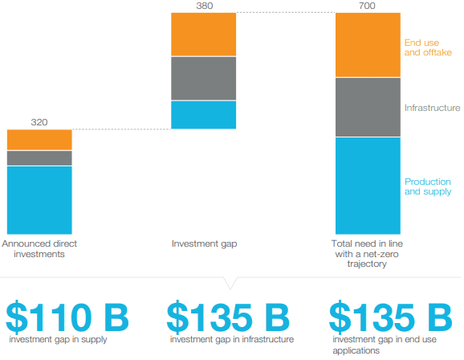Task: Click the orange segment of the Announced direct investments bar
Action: point(39,140)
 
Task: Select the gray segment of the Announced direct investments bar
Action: point(39,158)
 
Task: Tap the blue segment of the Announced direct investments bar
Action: point(39,199)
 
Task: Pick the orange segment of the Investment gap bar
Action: point(203,35)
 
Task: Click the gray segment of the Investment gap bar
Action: point(203,78)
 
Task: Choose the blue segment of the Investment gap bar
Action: point(203,114)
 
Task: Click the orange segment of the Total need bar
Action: point(368,45)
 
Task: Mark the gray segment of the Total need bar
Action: point(368,107)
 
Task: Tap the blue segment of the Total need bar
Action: point(368,186)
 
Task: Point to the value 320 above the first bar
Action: point(39,122)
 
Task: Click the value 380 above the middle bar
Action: point(203,6)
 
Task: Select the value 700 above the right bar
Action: point(368,6)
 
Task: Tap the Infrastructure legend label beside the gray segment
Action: point(432,108)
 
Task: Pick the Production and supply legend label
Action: point(428,186)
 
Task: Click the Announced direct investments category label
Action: point(39,248)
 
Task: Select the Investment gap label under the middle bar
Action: point(203,243)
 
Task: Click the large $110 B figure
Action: point(67,317)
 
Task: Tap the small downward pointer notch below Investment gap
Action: point(231,284)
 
